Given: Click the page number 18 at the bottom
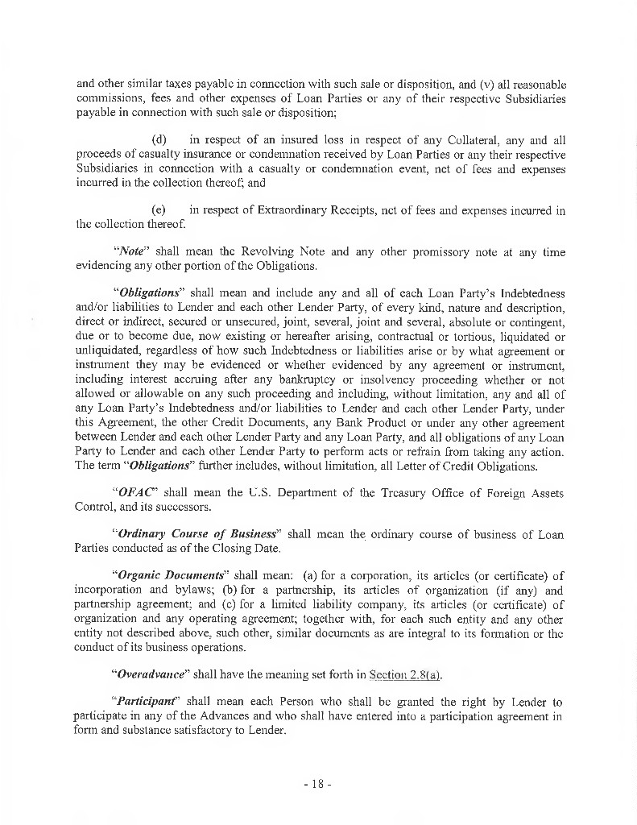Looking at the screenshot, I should (318, 783).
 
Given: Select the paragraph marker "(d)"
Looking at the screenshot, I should (159, 139).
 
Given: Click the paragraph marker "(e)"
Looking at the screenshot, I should (159, 210).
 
